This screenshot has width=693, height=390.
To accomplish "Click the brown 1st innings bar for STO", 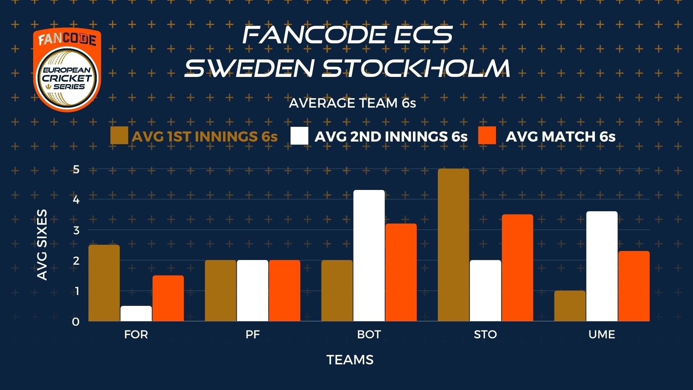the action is (x=453, y=245).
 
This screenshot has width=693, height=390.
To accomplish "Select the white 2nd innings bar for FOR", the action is (x=136, y=313).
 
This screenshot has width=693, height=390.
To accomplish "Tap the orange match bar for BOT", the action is (x=401, y=272).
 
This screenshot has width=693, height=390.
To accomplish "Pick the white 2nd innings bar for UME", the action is (x=602, y=266).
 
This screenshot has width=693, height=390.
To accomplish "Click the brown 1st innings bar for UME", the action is (x=570, y=306).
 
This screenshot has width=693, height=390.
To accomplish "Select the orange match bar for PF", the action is (x=284, y=291).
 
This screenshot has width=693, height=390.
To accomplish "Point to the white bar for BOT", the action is (x=369, y=256).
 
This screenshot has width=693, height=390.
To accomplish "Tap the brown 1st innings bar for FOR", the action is (x=104, y=283).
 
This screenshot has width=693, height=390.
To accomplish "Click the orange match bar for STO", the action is (x=517, y=268).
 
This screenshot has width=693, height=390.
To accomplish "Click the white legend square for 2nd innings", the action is (x=299, y=136).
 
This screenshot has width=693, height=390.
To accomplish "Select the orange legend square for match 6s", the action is (x=487, y=136).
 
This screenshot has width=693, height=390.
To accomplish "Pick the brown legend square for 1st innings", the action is (x=119, y=136).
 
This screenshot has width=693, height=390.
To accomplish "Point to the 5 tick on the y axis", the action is (x=76, y=169).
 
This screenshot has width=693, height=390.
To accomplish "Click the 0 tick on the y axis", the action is (x=76, y=322).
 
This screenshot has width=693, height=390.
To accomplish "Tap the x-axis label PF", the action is (x=253, y=334).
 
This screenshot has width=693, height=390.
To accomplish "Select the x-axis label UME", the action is (x=602, y=334).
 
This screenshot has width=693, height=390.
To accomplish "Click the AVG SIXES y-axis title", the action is (x=42, y=245).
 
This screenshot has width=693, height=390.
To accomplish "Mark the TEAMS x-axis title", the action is (x=350, y=360).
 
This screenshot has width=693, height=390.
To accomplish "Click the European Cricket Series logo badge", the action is (x=67, y=70).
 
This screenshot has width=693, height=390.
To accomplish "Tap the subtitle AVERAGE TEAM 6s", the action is (x=352, y=103).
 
